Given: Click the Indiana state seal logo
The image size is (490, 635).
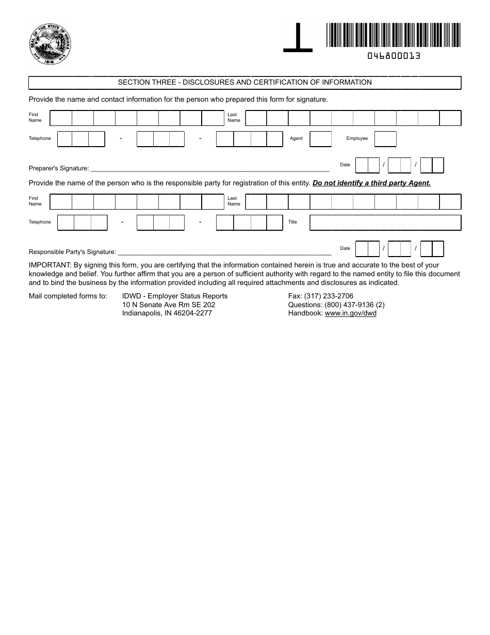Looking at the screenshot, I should coord(50,43).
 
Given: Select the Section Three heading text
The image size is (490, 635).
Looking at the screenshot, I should coord(244,83).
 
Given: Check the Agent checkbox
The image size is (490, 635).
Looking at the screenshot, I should coord(320,139).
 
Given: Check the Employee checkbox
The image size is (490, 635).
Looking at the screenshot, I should coord(385,139).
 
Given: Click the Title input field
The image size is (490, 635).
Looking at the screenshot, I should coord(385,223).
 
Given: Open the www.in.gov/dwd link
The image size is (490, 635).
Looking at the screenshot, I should coord(350,313).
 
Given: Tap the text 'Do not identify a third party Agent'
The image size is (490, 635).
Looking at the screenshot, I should coord(371,183).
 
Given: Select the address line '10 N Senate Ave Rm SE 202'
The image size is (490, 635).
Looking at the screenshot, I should coord(169,305).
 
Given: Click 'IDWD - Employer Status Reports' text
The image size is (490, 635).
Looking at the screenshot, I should coord(174,296).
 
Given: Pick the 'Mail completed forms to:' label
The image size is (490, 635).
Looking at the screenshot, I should coord(68,296).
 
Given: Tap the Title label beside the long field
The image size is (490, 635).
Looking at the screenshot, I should coord(292,223).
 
